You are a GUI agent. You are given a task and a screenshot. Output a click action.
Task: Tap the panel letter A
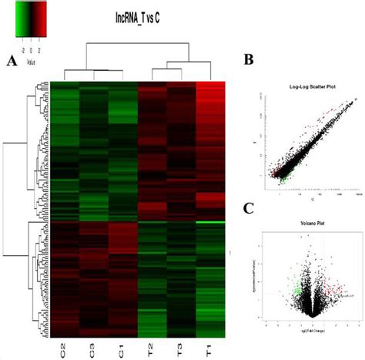click(x=11, y=62)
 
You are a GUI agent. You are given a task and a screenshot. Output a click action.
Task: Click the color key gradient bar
click(x=30, y=16)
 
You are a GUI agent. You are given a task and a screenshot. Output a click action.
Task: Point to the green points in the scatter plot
click(x=279, y=178)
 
